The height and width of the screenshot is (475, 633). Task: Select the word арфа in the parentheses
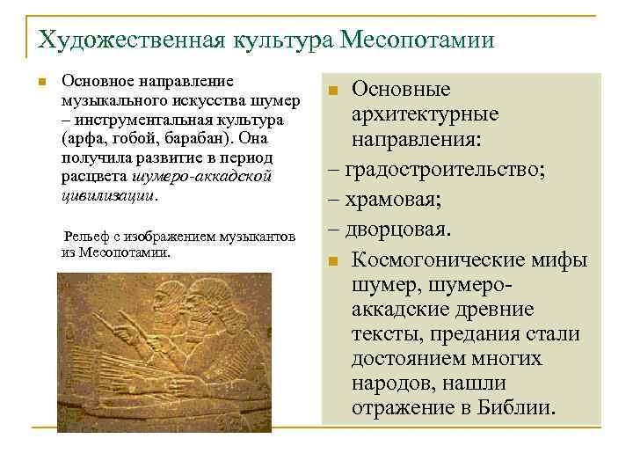tap(83, 139)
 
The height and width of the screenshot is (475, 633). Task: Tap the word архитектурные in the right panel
tap(425, 114)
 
